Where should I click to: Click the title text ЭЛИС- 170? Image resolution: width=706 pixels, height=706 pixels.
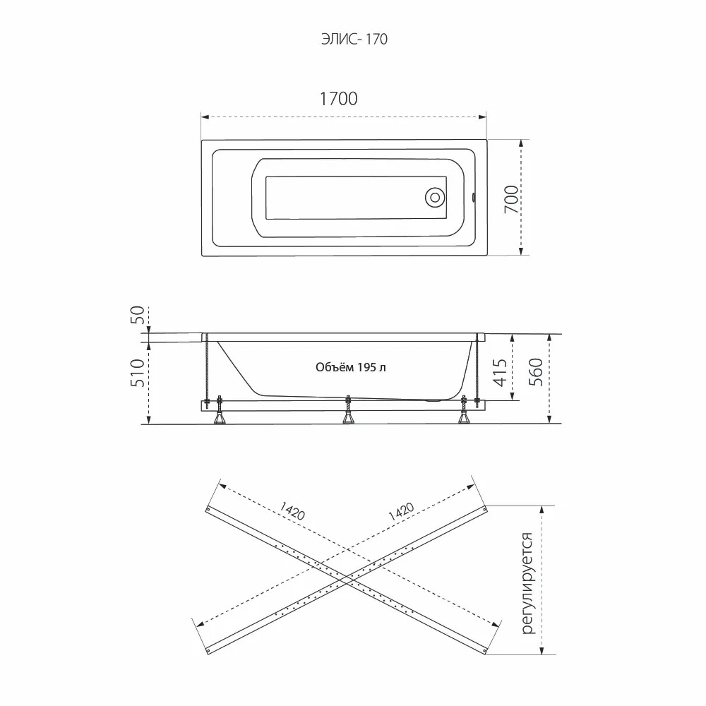click(x=354, y=40)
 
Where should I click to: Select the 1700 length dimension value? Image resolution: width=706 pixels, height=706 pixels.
click(x=339, y=99)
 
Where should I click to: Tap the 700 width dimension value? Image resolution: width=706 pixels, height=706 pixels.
click(x=511, y=199)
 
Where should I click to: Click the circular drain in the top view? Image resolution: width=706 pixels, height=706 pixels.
click(x=435, y=197)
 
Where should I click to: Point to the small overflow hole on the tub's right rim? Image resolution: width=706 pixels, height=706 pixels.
click(x=473, y=197)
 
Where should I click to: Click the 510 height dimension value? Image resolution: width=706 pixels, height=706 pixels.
click(x=138, y=373)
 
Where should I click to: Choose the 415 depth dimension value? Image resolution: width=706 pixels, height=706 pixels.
click(x=501, y=372)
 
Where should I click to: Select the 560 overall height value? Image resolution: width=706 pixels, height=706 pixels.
click(x=536, y=372)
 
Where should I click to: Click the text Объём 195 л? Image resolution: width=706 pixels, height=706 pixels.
click(x=351, y=367)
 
